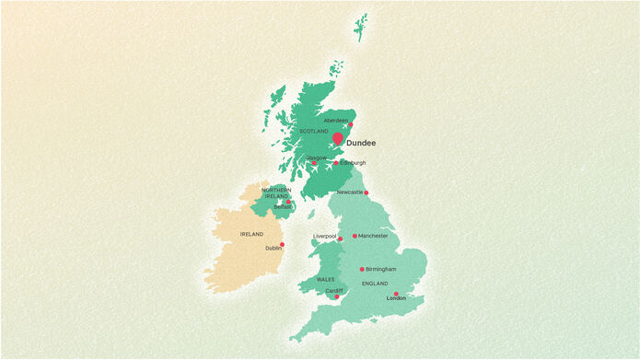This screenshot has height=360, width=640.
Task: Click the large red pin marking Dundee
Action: [x=338, y=139]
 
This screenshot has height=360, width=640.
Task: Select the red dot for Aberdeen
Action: [x=351, y=124]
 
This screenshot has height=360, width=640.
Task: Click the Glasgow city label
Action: [x=316, y=157]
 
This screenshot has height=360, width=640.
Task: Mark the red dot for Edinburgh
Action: [x=336, y=164]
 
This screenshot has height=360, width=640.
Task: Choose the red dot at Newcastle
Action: [x=367, y=192]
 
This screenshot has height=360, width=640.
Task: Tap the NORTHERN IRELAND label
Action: [x=276, y=193]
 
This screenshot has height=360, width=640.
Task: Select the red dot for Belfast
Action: [x=287, y=202]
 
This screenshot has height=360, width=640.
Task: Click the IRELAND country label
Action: [x=251, y=234]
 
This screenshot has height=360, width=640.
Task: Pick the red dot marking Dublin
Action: [x=282, y=244]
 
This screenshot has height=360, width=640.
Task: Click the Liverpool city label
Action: [x=324, y=236]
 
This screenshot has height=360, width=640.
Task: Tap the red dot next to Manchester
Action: [x=355, y=236]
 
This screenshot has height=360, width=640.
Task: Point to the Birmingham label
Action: [x=380, y=269]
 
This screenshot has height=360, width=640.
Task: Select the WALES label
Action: [x=325, y=279]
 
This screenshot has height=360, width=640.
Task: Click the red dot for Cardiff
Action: [x=337, y=296]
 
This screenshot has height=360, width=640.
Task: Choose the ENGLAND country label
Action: [x=375, y=284]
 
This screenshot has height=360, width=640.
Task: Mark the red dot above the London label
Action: [x=396, y=294]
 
